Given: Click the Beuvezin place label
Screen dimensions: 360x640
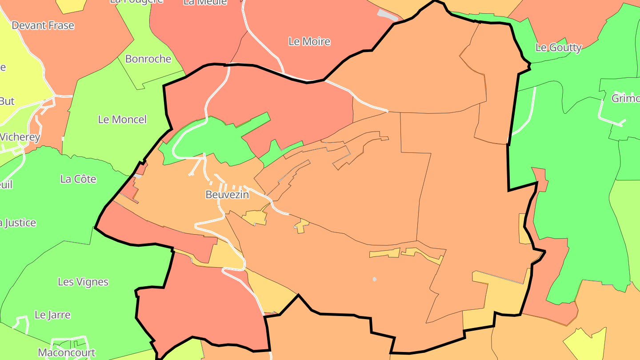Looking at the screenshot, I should click(x=227, y=195).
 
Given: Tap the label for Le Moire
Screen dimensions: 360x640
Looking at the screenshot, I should click(x=309, y=42).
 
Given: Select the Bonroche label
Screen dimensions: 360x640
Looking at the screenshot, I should click(x=148, y=59).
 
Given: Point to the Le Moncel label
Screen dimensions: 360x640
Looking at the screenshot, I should click(x=122, y=120).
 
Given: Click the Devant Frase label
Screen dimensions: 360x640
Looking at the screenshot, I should click(x=43, y=26).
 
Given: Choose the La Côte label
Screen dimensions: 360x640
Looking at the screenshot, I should click(x=78, y=179).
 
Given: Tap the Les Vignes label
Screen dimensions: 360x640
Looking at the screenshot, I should click(x=83, y=282).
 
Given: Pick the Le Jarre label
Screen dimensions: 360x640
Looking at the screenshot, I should click(x=52, y=315).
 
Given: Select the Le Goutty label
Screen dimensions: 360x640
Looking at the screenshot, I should click(x=558, y=48).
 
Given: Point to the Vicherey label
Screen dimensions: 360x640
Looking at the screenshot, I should click(x=20, y=137).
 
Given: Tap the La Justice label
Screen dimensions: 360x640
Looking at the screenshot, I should click(x=18, y=223).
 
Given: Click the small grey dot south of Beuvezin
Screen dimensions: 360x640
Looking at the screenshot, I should click(x=375, y=279).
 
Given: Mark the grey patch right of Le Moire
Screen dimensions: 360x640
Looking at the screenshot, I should click(x=388, y=15).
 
